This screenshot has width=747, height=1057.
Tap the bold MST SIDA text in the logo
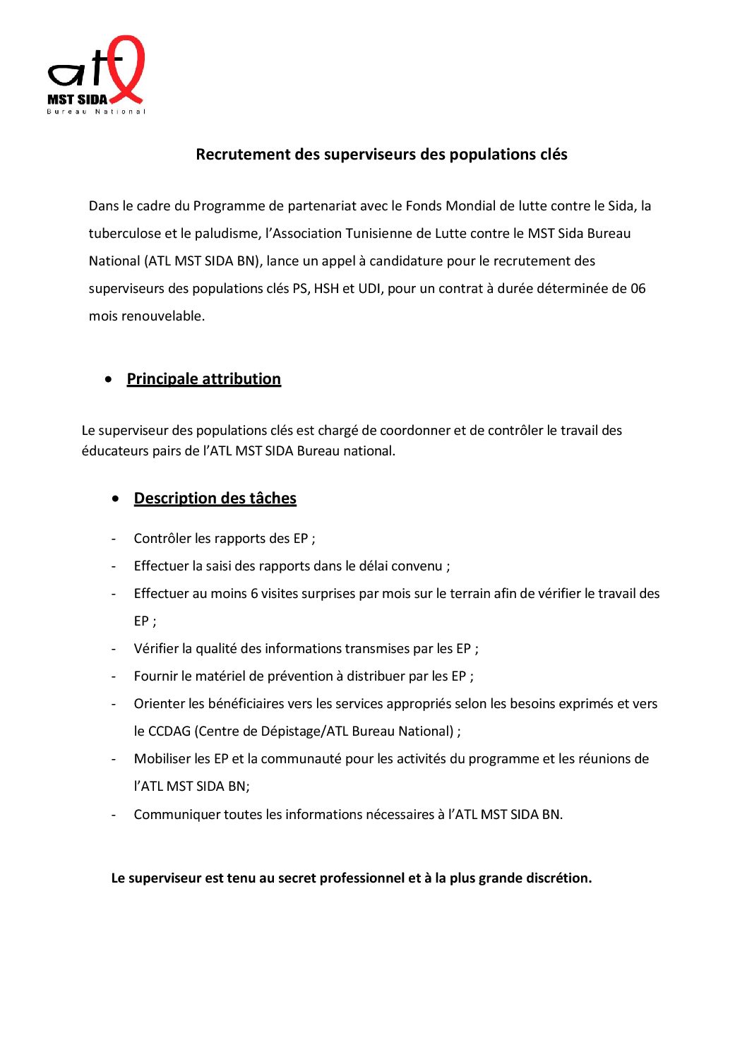coord(78,100)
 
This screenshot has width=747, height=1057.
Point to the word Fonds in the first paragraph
coord(424,206)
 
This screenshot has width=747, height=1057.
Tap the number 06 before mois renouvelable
coord(638,289)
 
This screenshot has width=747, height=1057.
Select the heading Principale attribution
coord(204,379)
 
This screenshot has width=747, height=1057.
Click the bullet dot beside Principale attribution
coord(108,379)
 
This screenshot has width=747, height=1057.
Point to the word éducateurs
coord(115,451)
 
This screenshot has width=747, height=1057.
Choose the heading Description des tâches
coord(215,498)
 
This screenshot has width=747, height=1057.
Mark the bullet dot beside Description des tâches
coord(115,498)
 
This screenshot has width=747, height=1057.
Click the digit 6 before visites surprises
coord(254,594)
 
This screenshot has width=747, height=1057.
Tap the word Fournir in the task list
coord(155,676)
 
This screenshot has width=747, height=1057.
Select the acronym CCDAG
coord(169,731)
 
